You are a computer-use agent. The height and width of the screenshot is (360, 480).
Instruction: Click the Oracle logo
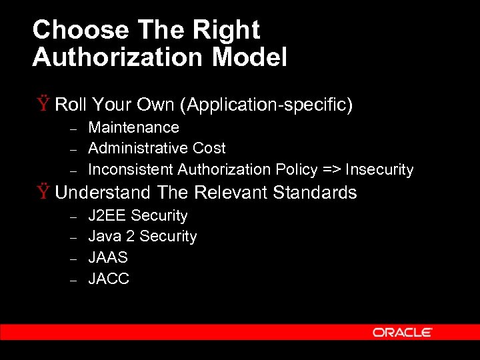click(403, 332)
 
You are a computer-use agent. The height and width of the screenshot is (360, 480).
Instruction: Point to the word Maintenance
click(133, 127)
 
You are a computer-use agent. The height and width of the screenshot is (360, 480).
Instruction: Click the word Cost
click(209, 148)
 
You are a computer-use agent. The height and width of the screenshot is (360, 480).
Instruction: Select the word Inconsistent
click(131, 169)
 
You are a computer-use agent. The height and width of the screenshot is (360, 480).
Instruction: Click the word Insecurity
click(379, 169)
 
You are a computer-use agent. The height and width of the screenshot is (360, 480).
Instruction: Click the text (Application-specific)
click(270, 105)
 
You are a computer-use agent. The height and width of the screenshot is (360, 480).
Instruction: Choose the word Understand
click(103, 193)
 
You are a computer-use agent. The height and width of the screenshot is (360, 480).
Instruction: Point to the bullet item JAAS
click(108, 257)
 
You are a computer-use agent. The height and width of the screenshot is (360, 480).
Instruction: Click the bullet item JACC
click(109, 279)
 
